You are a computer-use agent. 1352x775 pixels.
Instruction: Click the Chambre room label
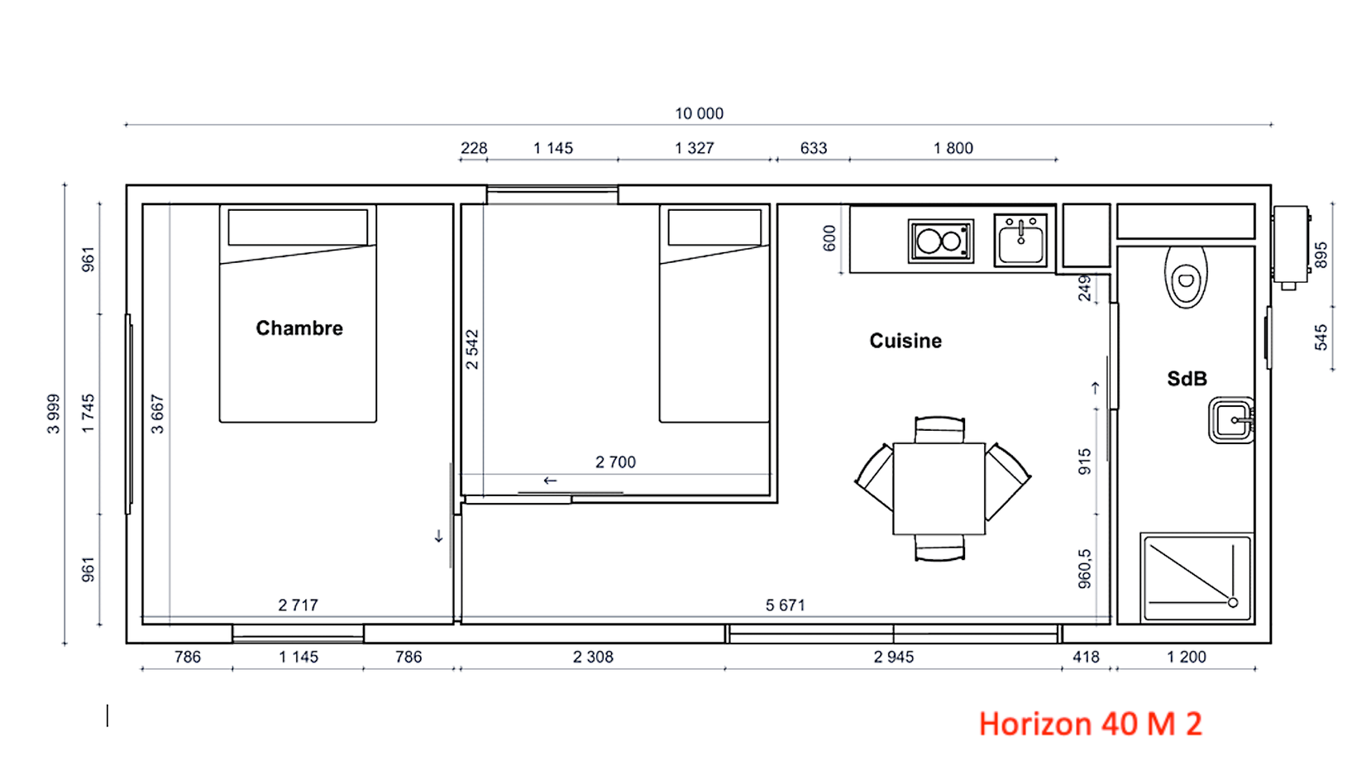[x=299, y=328]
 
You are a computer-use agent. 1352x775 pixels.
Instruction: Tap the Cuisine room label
[x=905, y=341]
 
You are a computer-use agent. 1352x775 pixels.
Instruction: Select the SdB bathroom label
[x=1186, y=379]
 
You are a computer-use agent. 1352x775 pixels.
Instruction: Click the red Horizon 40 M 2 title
[x=1090, y=724]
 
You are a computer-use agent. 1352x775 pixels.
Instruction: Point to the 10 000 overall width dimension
[x=699, y=113]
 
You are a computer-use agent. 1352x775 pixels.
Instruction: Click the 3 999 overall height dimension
[x=54, y=414]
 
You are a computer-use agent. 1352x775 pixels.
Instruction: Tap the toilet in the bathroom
[x=1186, y=277]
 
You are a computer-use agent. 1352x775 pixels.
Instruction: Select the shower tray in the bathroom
[x=1197, y=577]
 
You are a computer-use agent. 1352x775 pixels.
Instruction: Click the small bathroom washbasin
[x=1231, y=420]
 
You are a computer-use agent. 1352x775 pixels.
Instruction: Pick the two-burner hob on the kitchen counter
[x=940, y=242]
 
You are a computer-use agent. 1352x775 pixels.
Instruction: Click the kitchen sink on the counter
[x=1020, y=241]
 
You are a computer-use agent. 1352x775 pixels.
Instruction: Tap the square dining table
[x=939, y=488]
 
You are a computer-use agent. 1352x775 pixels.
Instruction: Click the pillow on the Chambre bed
[x=298, y=227]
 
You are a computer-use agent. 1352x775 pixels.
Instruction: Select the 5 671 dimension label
[x=785, y=605]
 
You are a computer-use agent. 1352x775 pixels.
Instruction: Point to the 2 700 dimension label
[x=615, y=462]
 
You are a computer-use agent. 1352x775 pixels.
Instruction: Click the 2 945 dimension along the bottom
[x=893, y=657]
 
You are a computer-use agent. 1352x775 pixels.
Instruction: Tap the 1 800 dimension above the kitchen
[x=953, y=148]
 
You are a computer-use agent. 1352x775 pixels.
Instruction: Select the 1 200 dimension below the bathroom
[x=1186, y=657]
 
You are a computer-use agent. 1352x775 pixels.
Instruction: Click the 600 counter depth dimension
[x=829, y=238]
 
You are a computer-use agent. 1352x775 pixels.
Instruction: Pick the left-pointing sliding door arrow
[x=550, y=481]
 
